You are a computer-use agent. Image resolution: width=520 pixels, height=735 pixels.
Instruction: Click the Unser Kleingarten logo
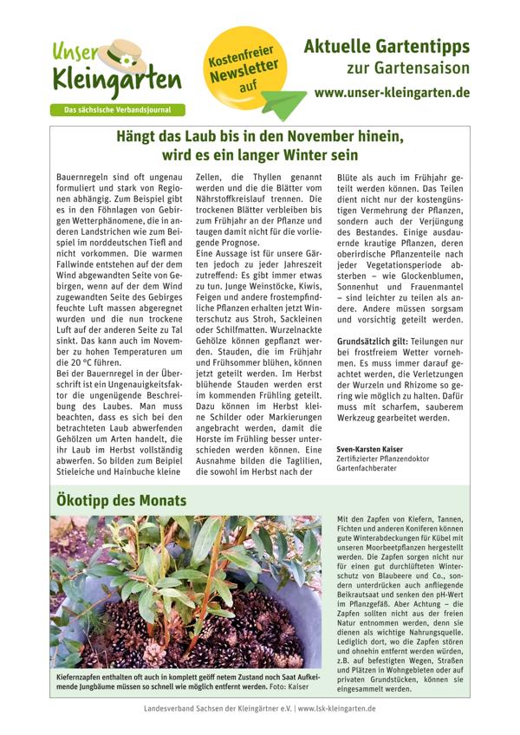[x=115, y=71]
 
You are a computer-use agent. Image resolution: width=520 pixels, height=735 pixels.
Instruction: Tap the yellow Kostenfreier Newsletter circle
[x=244, y=70]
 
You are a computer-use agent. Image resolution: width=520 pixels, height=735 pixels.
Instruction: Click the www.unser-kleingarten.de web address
[x=392, y=91]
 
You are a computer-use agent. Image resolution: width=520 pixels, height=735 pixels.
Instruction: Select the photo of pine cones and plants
[x=185, y=591]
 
